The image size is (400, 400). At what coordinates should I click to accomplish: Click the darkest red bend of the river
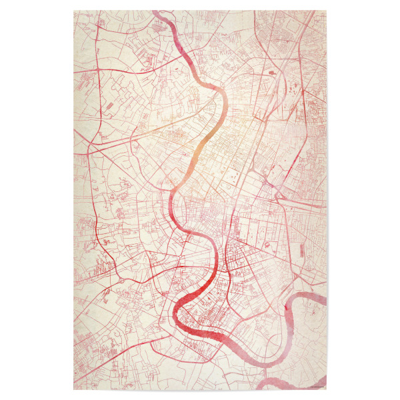point(183,310)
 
